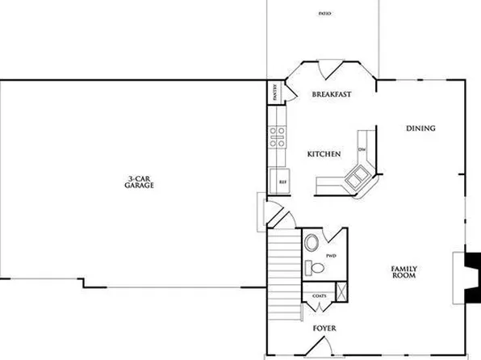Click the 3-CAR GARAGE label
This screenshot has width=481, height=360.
(x=140, y=182)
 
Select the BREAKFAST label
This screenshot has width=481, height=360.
(x=331, y=95)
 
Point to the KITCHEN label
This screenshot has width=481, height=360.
(x=324, y=153)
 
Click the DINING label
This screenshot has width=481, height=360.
(x=420, y=128)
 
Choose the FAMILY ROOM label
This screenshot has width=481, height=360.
(x=404, y=272)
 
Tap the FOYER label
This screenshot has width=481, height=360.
(x=324, y=329)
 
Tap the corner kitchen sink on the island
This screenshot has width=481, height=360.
(x=356, y=174)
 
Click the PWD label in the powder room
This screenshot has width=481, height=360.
(x=330, y=255)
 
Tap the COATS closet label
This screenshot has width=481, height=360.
(x=318, y=296)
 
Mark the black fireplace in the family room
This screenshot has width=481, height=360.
(x=471, y=266)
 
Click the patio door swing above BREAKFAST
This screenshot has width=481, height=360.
(x=330, y=71)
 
